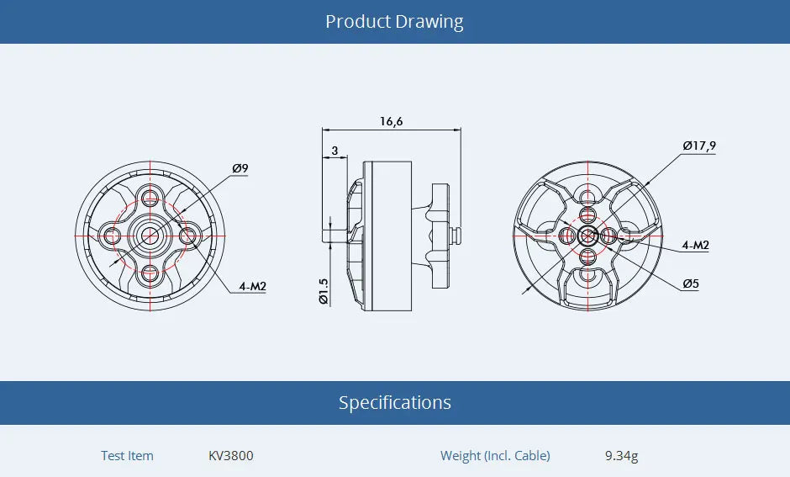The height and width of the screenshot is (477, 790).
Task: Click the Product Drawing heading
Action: (x=394, y=21)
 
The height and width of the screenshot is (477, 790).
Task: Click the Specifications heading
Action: (x=394, y=402)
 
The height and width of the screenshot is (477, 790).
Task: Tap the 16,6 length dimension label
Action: (x=391, y=121)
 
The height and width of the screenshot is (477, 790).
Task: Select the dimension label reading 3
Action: (x=335, y=151)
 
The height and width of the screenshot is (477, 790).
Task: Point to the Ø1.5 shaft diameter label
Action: (x=324, y=290)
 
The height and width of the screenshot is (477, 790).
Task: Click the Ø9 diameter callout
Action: (x=240, y=168)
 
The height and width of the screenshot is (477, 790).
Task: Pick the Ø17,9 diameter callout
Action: (x=698, y=146)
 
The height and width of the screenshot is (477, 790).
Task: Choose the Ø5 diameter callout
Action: (x=690, y=284)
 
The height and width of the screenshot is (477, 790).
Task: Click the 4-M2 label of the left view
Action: (x=252, y=286)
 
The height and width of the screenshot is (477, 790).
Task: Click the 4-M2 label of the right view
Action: (x=695, y=245)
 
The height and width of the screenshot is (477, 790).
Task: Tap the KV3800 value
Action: (x=230, y=456)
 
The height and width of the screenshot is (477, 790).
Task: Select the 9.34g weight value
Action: (x=621, y=456)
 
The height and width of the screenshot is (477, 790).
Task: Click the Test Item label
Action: (x=127, y=456)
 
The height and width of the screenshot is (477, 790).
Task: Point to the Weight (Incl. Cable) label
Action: (x=495, y=456)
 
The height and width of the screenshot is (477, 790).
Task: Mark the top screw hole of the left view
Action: (x=150, y=199)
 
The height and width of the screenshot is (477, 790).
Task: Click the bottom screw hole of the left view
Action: (x=150, y=273)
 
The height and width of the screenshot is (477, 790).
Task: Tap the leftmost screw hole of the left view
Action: (x=113, y=236)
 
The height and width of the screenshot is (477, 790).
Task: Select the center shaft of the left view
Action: (x=150, y=236)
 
